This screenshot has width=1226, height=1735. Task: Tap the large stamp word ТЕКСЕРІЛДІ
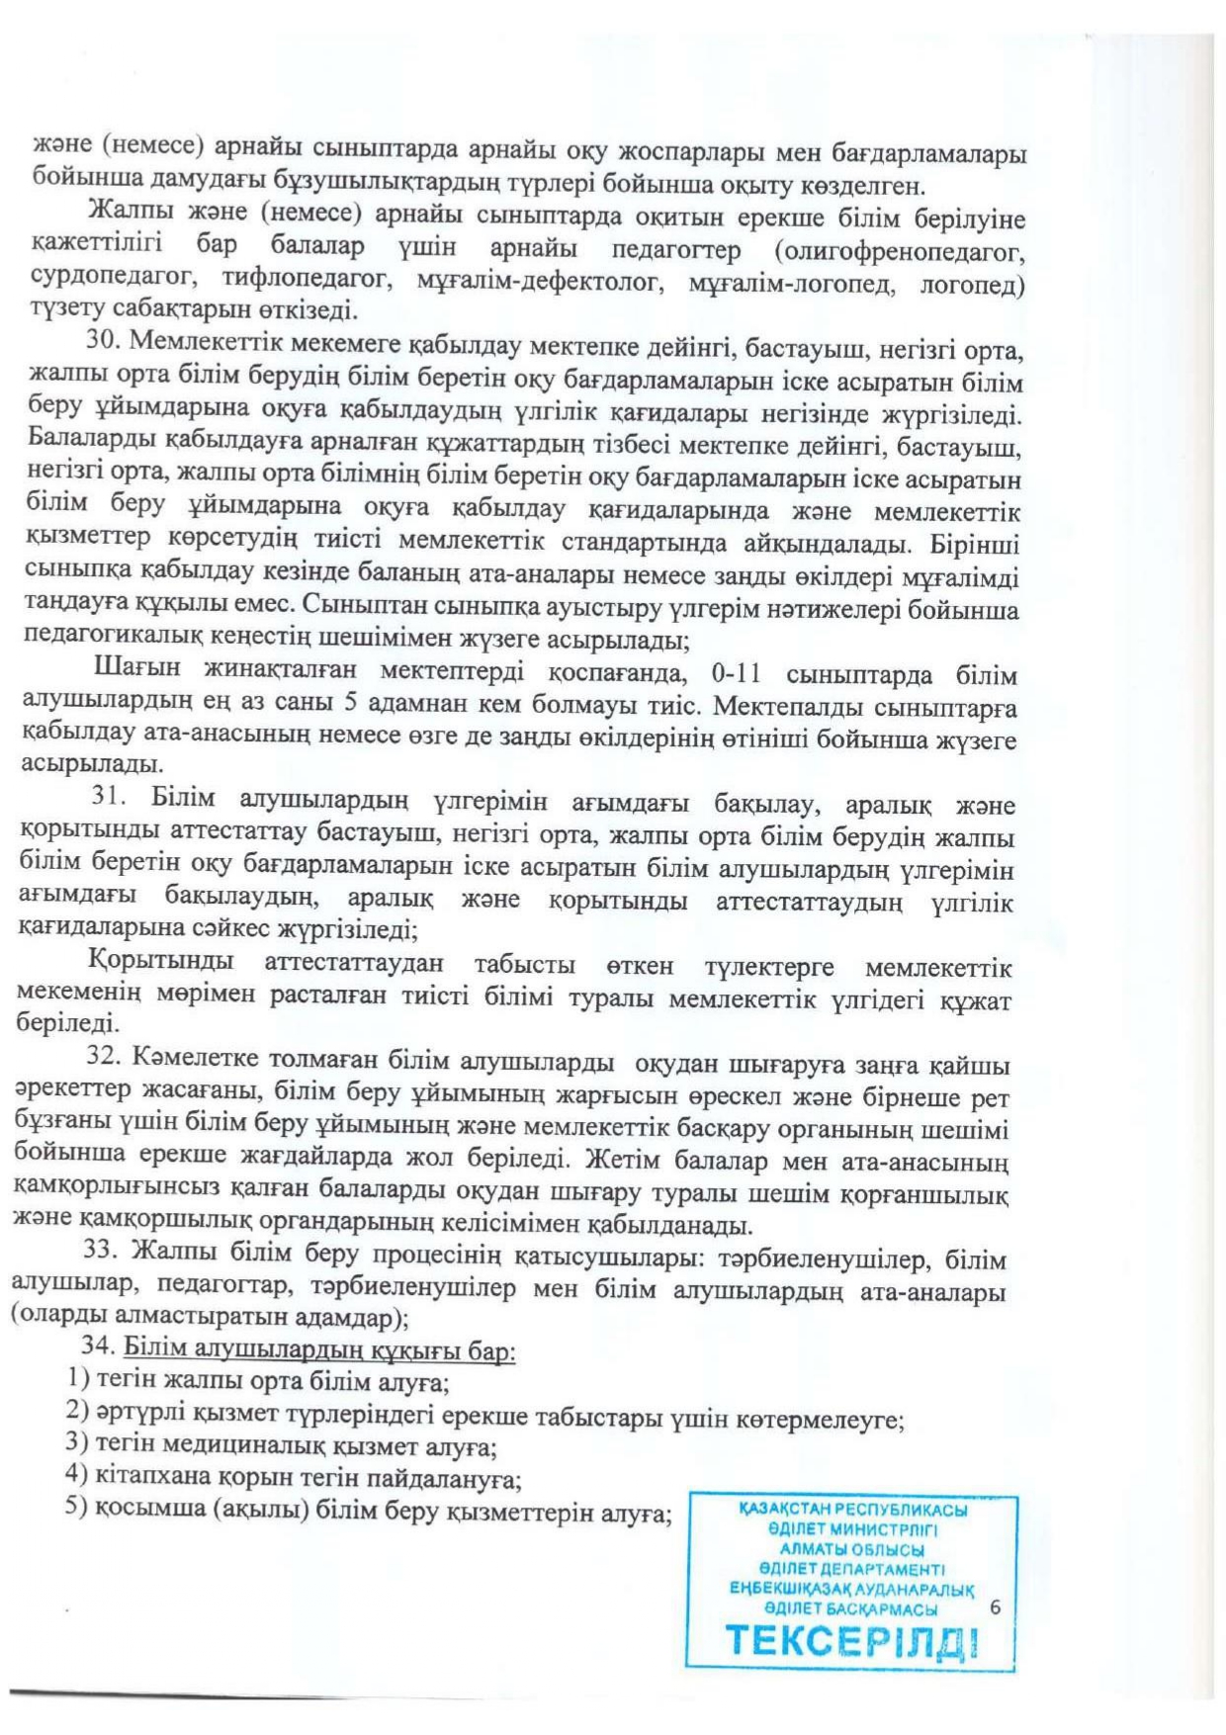coord(853,1642)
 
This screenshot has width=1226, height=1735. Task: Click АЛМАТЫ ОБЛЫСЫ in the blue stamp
coord(852,1549)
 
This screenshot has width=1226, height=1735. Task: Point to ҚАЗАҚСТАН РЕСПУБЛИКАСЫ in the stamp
coord(853,1510)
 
